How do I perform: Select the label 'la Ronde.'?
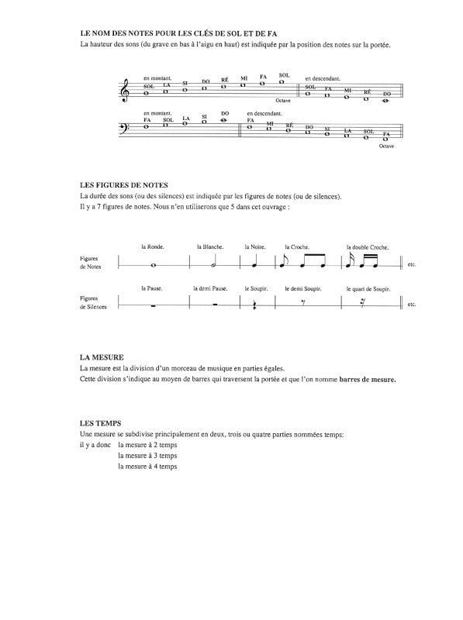pyautogui.click(x=150, y=246)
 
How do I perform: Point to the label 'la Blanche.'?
pyautogui.click(x=208, y=246)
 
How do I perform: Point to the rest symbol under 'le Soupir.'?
pyautogui.click(x=255, y=305)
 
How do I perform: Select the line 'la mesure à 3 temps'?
pyautogui.click(x=147, y=456)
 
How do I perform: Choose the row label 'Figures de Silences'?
pyautogui.click(x=94, y=302)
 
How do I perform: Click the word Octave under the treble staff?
pyautogui.click(x=284, y=101)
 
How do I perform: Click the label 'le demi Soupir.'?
pyautogui.click(x=303, y=288)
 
